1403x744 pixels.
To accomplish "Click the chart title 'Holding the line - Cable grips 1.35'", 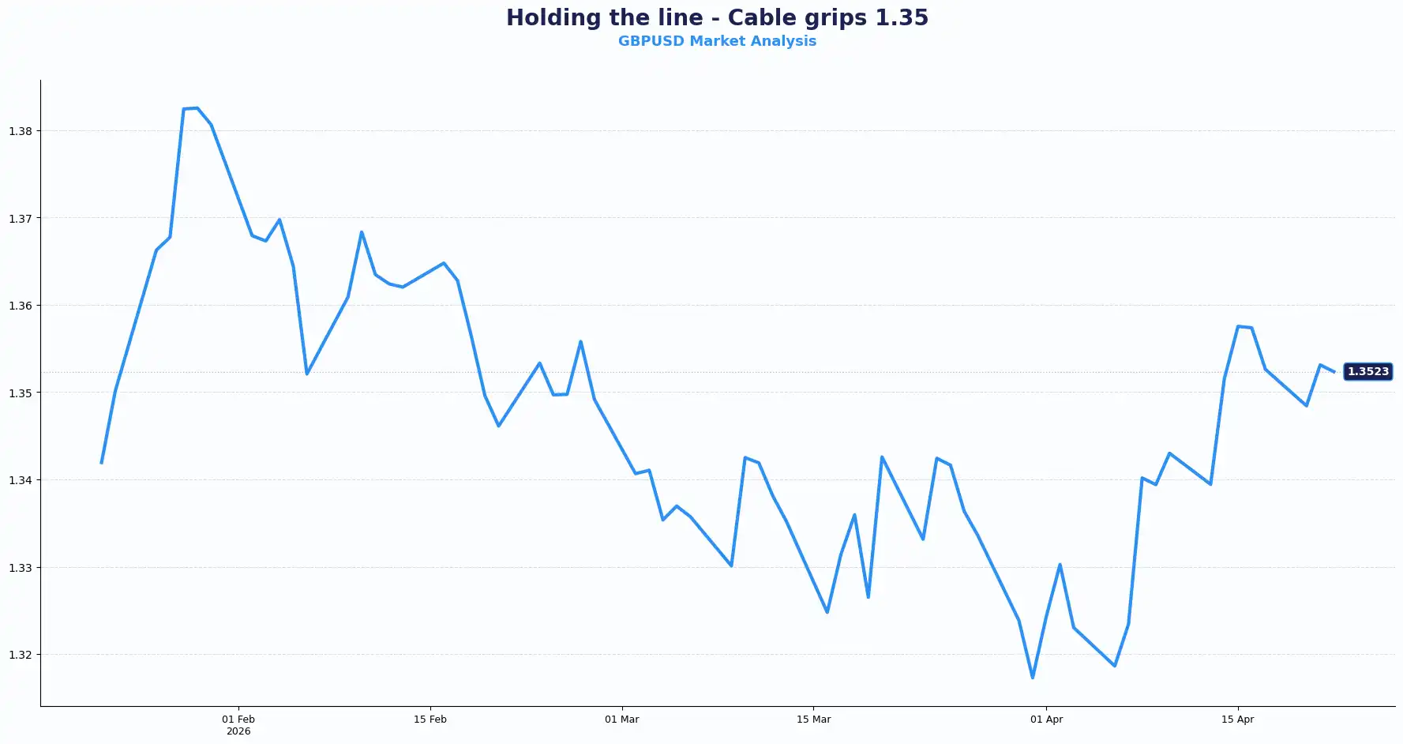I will tap(717, 17).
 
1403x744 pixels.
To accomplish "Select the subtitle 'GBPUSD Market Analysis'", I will tap(717, 41).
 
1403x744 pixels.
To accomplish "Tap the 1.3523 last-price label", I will tap(1367, 371).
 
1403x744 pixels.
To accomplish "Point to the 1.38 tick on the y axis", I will tap(21, 131).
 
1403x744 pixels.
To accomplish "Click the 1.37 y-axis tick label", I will tap(21, 219).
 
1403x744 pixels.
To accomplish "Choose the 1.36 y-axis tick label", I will tap(21, 306).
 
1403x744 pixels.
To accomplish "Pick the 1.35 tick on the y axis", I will tap(21, 393).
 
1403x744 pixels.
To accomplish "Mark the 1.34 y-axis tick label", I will tap(21, 480).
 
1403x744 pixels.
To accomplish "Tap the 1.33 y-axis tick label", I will tap(21, 568).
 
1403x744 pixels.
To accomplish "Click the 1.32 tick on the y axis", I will tap(21, 655).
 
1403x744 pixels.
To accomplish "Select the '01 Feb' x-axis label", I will tap(238, 720).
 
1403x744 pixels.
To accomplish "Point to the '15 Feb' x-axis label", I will tap(430, 720).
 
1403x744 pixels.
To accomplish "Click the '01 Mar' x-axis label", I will tap(622, 720).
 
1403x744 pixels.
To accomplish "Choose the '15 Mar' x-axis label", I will tap(813, 720).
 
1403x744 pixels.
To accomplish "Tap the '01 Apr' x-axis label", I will tap(1046, 720).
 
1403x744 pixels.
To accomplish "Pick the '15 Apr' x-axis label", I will tap(1237, 720).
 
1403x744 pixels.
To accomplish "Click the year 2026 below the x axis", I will tap(238, 731).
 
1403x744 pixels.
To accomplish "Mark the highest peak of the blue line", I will tap(197, 108).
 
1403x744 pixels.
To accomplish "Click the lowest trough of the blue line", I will tap(1033, 678).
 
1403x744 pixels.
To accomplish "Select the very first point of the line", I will tap(102, 463).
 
